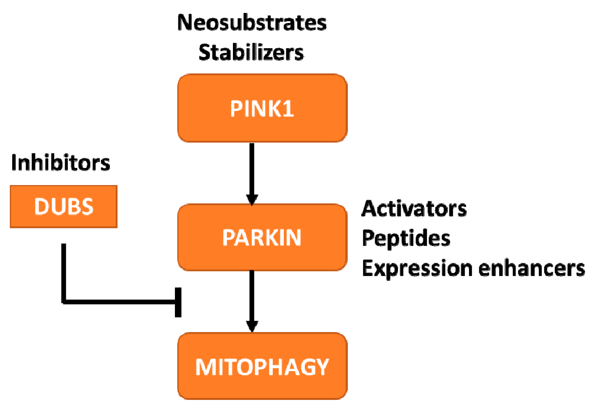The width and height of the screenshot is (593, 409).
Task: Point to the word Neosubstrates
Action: (252, 22)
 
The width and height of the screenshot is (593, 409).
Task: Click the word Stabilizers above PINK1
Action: (251, 52)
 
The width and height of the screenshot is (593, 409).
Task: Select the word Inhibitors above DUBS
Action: (60, 162)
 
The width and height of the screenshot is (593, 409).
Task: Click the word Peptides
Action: (406, 238)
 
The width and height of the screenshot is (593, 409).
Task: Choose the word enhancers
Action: (531, 268)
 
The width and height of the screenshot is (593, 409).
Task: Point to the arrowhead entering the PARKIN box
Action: (252, 200)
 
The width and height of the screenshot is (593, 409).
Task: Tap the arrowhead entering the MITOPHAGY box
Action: (252, 327)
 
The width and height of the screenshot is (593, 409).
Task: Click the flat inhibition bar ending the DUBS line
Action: (178, 302)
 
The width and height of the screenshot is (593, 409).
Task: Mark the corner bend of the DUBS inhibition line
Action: (64, 302)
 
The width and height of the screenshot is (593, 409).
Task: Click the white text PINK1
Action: (262, 109)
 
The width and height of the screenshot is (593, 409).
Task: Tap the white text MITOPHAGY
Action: (262, 367)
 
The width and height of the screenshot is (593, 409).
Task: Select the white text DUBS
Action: (64, 206)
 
